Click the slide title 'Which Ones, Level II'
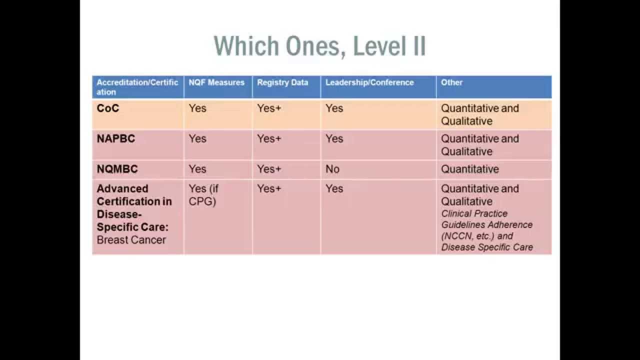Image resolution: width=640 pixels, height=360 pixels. click(x=319, y=46)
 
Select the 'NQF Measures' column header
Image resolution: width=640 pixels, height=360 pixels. click(x=216, y=82)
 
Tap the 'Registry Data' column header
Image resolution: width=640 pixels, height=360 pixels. click(x=282, y=82)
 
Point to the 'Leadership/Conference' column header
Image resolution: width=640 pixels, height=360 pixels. click(x=369, y=82)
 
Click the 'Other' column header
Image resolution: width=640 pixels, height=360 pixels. click(x=451, y=82)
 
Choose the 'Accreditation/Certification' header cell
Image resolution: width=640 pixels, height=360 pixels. click(x=137, y=87)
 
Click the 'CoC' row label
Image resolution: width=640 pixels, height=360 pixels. click(x=108, y=108)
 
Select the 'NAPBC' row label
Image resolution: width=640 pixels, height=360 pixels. click(x=116, y=138)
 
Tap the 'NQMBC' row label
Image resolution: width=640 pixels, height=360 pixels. click(x=117, y=169)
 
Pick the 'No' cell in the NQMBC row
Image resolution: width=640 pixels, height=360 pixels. click(x=332, y=169)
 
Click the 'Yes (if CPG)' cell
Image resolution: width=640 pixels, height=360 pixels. click(x=203, y=195)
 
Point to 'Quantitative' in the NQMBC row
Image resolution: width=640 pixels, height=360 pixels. click(x=470, y=169)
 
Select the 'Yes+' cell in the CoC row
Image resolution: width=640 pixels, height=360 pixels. click(x=269, y=108)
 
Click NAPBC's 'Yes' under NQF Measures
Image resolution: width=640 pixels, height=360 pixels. click(x=197, y=138)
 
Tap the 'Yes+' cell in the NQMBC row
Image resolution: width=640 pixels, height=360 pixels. click(x=269, y=169)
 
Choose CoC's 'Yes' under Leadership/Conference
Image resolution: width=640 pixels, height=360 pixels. click(x=334, y=108)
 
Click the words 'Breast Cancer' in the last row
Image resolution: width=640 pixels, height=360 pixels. click(x=131, y=240)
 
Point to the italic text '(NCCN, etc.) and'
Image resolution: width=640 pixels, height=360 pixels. click(x=477, y=236)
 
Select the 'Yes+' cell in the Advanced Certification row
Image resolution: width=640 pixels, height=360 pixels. click(x=269, y=188)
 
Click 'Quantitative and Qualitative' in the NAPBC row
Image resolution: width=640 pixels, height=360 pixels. click(x=480, y=145)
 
